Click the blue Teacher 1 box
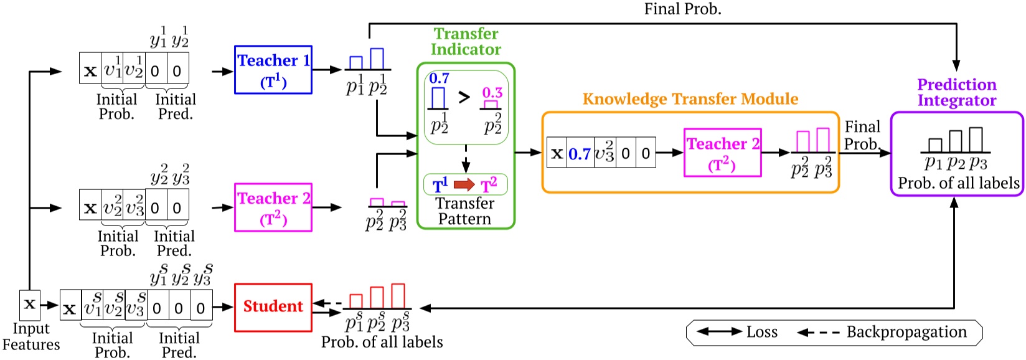(273, 70)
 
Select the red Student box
(273, 306)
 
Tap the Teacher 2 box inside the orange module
(722, 153)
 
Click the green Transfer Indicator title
(466, 41)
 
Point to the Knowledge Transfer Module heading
(690, 99)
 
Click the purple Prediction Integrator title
(956, 92)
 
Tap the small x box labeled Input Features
(29, 305)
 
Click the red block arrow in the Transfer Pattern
(464, 185)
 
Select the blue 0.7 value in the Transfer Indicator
(439, 78)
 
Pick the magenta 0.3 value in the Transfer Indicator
(492, 93)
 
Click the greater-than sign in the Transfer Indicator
(464, 98)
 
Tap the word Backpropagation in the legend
(906, 332)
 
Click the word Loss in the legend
(762, 332)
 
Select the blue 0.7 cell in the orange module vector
(580, 153)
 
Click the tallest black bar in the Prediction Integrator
(976, 140)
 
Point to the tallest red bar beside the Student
(398, 296)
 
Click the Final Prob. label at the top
(682, 9)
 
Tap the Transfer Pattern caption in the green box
(464, 211)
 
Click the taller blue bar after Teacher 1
(377, 59)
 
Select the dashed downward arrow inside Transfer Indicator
(466, 158)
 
